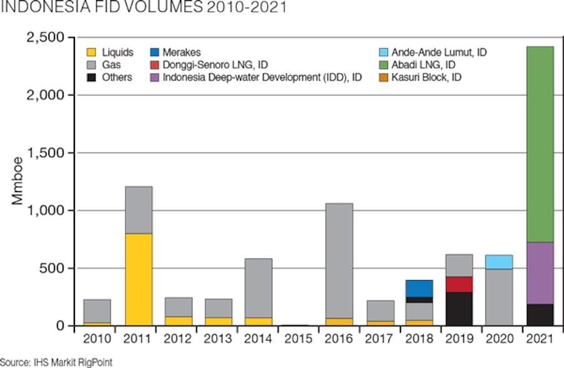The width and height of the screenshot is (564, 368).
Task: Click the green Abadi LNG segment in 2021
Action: point(540,144)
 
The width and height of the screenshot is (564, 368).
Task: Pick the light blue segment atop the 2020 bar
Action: point(499,262)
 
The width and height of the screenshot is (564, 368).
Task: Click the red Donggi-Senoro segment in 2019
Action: point(459,284)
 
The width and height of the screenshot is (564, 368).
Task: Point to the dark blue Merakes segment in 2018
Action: point(419,288)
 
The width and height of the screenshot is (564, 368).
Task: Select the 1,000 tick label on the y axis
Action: point(46,211)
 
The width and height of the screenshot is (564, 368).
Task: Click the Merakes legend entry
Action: point(176,52)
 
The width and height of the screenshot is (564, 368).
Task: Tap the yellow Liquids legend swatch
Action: point(92,52)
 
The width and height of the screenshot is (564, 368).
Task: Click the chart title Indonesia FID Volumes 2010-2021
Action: point(135,8)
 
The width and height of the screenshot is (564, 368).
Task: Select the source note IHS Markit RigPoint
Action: point(56,362)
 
